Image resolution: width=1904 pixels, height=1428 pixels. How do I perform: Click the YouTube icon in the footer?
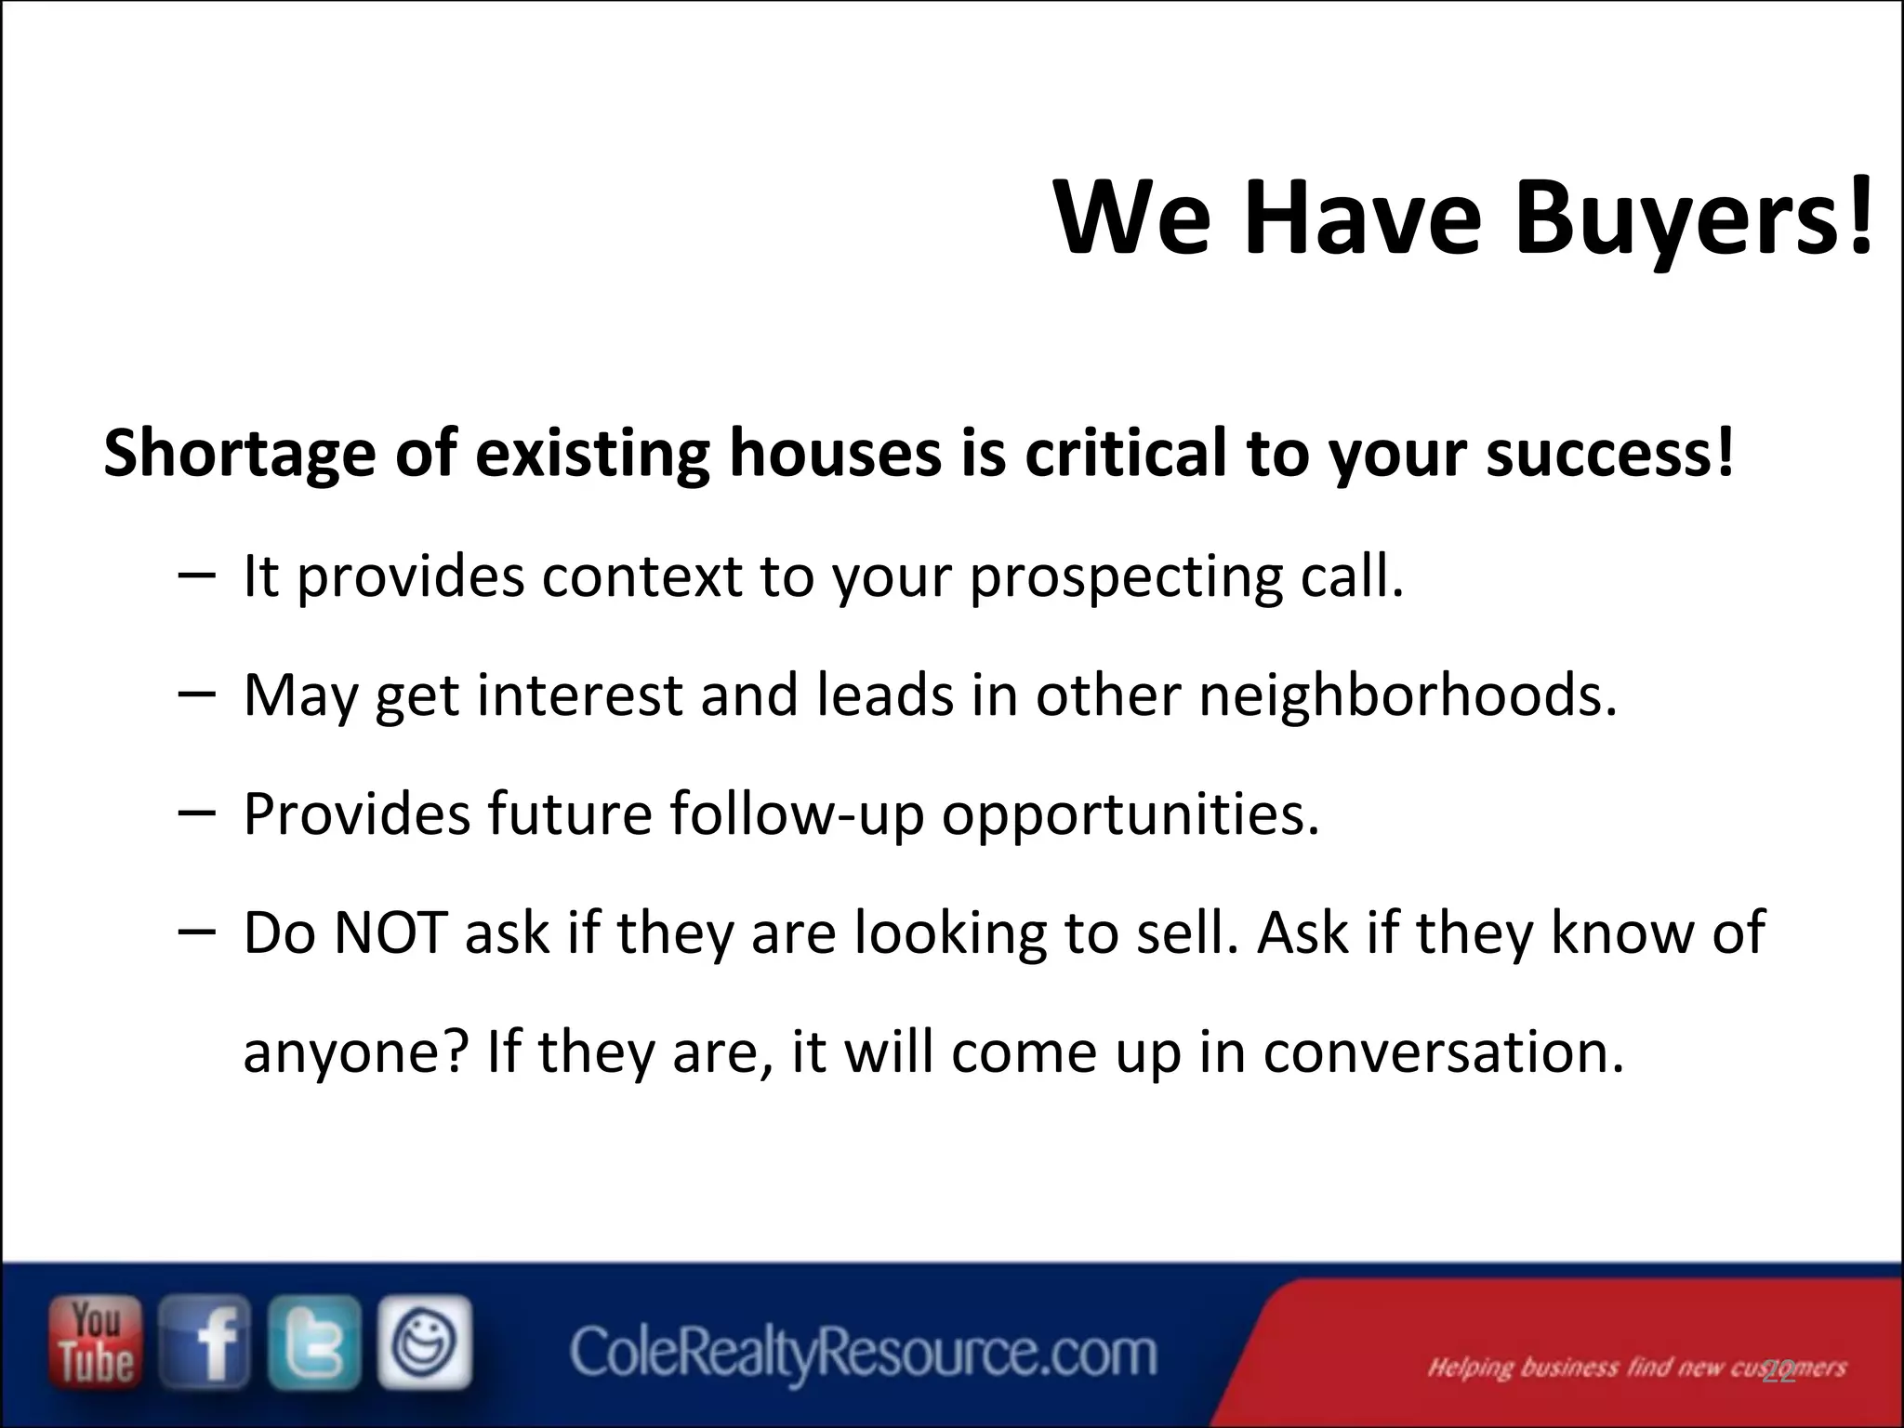(x=96, y=1342)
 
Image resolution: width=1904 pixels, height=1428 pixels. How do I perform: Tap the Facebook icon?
(x=205, y=1342)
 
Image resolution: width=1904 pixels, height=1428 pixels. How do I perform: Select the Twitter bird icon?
(x=314, y=1342)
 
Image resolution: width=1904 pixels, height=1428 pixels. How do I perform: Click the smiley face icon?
(x=425, y=1342)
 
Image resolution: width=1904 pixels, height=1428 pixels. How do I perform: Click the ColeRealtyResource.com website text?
(x=863, y=1353)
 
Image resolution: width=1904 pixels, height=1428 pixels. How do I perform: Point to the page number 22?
(x=1778, y=1372)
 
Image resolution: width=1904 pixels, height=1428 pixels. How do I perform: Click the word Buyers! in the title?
(x=1692, y=219)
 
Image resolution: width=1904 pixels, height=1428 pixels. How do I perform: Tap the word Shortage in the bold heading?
(x=239, y=453)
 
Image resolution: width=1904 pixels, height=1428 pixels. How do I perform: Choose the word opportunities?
(x=1130, y=813)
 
